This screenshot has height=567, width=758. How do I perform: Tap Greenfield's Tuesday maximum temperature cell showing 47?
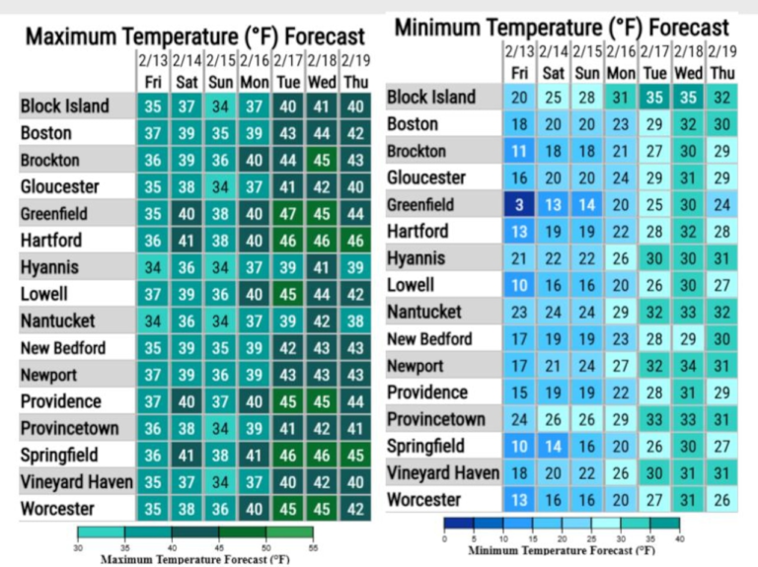coord(287,213)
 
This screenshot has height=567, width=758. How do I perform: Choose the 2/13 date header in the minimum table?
coord(519,51)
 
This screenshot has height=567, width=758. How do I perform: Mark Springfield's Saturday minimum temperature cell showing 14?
coord(554,446)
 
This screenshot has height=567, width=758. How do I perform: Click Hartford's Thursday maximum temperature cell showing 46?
coord(355,241)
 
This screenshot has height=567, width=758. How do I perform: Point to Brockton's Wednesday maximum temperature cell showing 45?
coord(322,160)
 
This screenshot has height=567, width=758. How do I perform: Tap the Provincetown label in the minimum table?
coord(435,419)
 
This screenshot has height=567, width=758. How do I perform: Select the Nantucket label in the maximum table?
coord(59,320)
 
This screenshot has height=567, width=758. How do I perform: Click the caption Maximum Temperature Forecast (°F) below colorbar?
coord(194,558)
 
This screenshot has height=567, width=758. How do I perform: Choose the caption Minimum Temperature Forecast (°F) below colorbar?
coord(562,551)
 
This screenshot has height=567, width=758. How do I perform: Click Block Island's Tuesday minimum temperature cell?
coord(654,98)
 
